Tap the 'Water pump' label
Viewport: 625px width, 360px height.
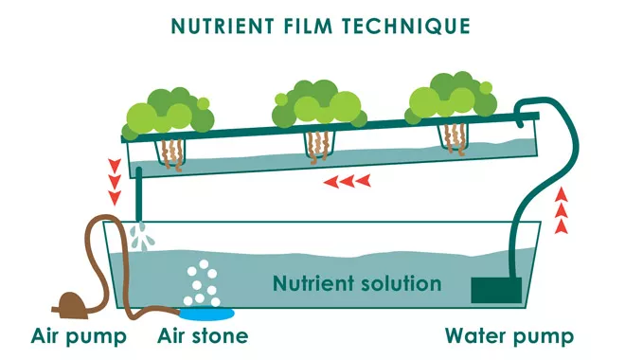509,335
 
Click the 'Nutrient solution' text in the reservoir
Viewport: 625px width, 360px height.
356,283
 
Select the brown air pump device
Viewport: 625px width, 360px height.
70,304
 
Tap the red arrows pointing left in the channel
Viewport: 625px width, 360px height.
343,180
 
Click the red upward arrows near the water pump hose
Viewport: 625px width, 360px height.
562,210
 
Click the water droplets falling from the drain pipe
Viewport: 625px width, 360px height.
142,237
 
